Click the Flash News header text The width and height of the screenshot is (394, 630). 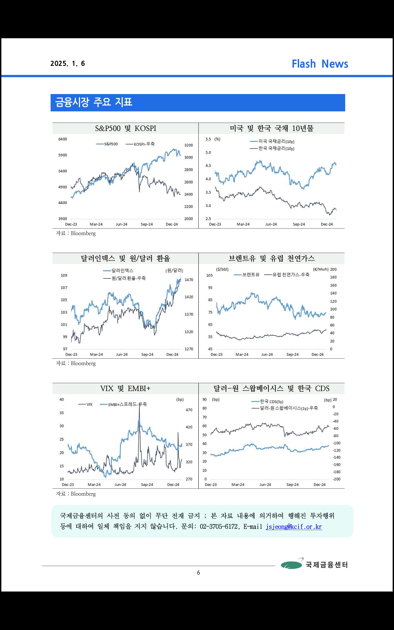tap(320, 64)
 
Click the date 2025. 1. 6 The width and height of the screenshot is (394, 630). tap(68, 64)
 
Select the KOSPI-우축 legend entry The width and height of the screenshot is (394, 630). tap(140, 144)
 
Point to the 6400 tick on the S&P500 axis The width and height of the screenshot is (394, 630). tap(63, 139)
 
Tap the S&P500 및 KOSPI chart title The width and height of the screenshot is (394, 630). tap(126, 128)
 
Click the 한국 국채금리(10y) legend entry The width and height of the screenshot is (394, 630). tap(272, 148)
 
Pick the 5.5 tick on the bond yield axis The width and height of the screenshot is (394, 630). tap(208, 139)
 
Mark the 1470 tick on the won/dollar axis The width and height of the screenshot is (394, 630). tap(189, 280)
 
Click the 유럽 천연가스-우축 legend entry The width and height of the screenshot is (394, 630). tap(287, 274)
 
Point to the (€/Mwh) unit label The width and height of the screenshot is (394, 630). tap(321, 269)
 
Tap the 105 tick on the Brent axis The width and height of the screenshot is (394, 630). tap(210, 275)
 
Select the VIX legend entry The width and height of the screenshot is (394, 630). tap(85, 404)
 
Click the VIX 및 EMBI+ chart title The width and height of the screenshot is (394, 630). tap(125, 388)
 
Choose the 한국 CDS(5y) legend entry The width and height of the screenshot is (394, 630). tap(267, 401)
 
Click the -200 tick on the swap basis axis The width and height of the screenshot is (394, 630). tap(337, 479)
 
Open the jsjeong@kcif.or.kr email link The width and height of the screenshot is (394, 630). tap(294, 526)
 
